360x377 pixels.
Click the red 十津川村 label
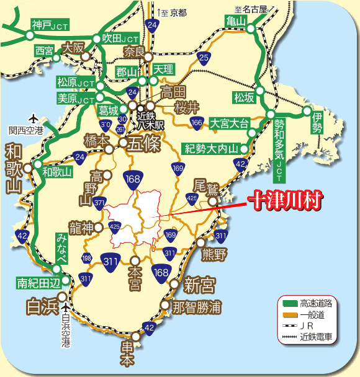[287, 201]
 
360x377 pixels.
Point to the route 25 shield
[203, 58]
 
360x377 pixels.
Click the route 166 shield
[197, 123]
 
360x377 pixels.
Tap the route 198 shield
[86, 257]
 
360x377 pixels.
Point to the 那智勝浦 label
[196, 307]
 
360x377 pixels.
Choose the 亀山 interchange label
[236, 22]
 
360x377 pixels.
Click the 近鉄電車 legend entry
[316, 337]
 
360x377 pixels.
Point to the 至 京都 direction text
[172, 12]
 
